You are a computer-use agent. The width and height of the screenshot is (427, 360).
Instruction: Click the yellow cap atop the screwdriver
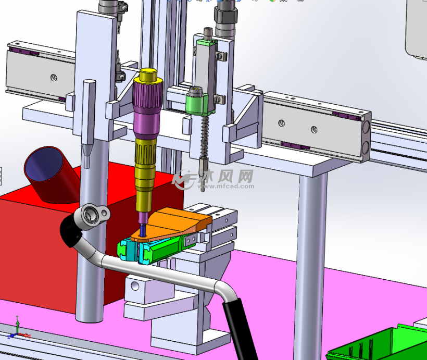[x=148, y=76]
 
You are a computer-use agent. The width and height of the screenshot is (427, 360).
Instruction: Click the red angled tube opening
[x=44, y=164]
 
